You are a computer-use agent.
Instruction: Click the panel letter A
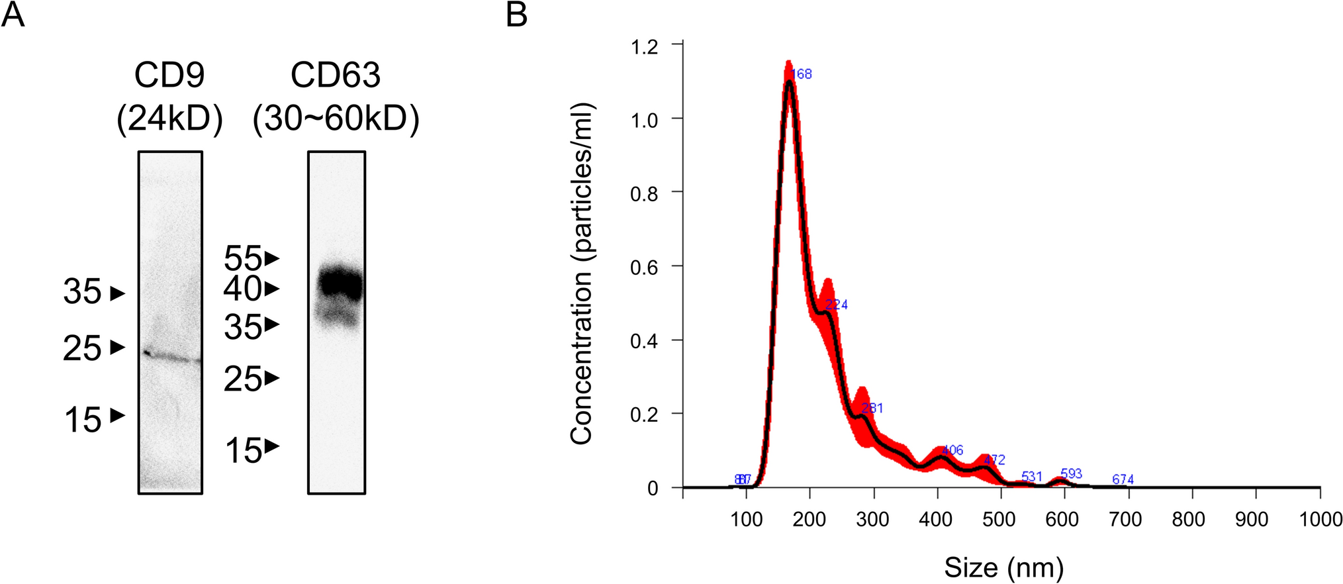(13, 14)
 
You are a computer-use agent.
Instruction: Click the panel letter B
(516, 14)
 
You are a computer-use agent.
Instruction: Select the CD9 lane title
(169, 75)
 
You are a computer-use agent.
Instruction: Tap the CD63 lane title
(336, 75)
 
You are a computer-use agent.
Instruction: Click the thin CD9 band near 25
(171, 357)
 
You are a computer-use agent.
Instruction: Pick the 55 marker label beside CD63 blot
(242, 258)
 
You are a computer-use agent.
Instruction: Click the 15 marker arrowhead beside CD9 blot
(118, 416)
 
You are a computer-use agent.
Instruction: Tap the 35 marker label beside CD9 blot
(82, 292)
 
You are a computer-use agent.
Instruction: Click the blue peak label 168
(802, 74)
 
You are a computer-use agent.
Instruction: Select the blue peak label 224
(837, 305)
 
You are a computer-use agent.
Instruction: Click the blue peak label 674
(1123, 479)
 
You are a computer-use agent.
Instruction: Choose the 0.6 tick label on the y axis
(644, 267)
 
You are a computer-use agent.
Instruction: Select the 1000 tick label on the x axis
(1320, 519)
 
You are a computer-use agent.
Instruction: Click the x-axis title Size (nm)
(1003, 567)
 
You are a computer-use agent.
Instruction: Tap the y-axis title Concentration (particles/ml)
(581, 273)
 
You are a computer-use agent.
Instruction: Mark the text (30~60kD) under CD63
(336, 120)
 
